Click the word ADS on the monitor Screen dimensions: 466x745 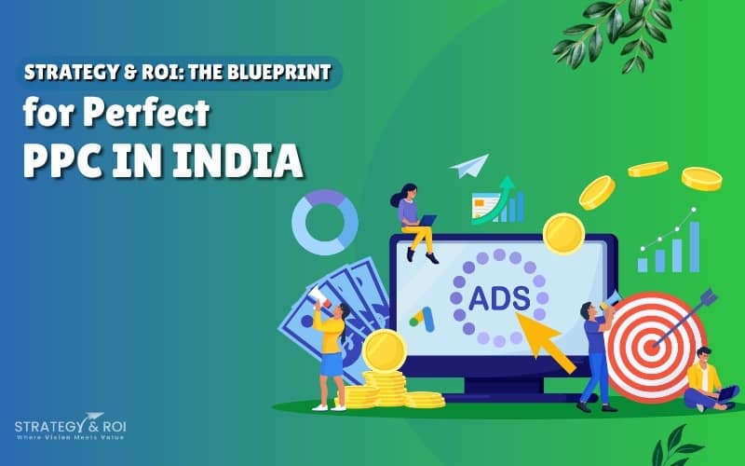pyautogui.click(x=498, y=299)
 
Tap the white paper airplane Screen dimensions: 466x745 pyautogui.click(x=469, y=166)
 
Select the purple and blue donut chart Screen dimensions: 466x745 pyautogui.click(x=325, y=222)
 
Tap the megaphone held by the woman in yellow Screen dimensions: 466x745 pyautogui.click(x=317, y=296)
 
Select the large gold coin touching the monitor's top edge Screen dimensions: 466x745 pyautogui.click(x=562, y=233)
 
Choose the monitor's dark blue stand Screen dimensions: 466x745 pyautogui.click(x=503, y=391)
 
